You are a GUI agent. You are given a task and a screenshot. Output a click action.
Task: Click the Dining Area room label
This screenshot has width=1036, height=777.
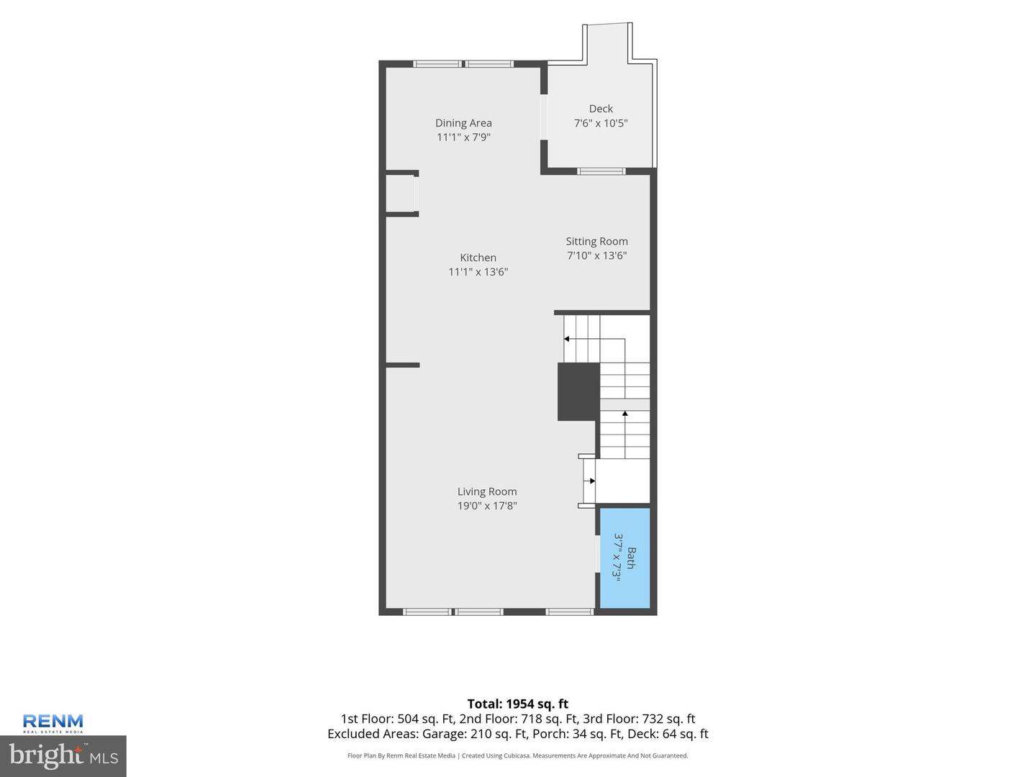coord(463,123)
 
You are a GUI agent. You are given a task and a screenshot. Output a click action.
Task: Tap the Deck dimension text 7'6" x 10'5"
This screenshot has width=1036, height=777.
coord(600,123)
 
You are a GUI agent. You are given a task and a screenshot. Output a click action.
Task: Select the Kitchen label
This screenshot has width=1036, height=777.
coord(478,258)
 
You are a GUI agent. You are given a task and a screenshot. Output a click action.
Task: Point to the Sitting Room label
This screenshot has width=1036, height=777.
coord(596,242)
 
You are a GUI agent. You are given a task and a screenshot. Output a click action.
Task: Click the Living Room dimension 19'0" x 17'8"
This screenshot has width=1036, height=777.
coord(486,506)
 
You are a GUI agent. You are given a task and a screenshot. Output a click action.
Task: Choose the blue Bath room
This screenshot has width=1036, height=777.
coord(624,558)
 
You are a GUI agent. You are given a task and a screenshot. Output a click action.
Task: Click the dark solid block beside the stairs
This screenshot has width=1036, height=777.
coord(578,391)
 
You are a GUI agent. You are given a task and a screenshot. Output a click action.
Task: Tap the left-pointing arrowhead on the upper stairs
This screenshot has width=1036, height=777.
coord(566,339)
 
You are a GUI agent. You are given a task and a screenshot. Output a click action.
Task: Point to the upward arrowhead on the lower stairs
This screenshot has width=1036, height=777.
coord(625,413)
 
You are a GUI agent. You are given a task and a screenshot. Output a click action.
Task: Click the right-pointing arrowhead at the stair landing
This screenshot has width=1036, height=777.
coord(592,481)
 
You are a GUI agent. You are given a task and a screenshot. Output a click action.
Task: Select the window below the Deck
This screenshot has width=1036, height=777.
coord(601,171)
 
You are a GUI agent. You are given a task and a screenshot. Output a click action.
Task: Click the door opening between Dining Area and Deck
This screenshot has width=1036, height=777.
coord(544,117)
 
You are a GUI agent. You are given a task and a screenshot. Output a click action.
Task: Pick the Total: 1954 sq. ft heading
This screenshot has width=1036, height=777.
coord(518,704)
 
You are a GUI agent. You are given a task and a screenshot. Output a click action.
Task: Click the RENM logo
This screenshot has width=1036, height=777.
coord(53,723)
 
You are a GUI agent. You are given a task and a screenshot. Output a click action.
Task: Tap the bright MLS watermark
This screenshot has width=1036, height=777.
coord(63,756)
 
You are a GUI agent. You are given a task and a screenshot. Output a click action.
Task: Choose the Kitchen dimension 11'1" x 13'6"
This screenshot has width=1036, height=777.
coord(478,272)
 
